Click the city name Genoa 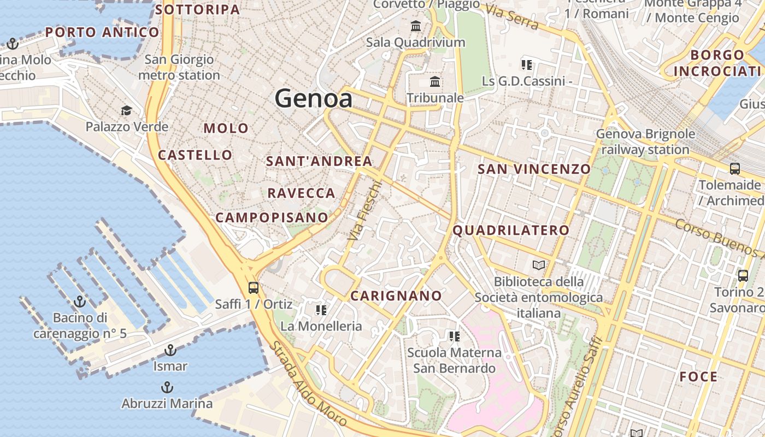pyautogui.click(x=313, y=98)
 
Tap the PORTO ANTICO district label pyautogui.click(x=102, y=32)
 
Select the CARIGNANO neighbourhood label pyautogui.click(x=396, y=296)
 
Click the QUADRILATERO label pyautogui.click(x=511, y=230)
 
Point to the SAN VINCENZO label pyautogui.click(x=534, y=169)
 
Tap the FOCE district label pyautogui.click(x=698, y=376)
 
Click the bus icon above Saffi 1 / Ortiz pyautogui.click(x=253, y=287)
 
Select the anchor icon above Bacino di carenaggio pyautogui.click(x=80, y=301)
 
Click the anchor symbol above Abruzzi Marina pyautogui.click(x=167, y=388)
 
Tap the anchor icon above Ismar pyautogui.click(x=170, y=350)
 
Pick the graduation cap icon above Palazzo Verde pyautogui.click(x=126, y=111)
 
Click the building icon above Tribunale pyautogui.click(x=435, y=82)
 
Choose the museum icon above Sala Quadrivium pyautogui.click(x=415, y=26)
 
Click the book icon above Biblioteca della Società pyautogui.click(x=539, y=265)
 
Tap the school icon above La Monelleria pyautogui.click(x=321, y=310)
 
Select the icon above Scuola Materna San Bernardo pyautogui.click(x=454, y=336)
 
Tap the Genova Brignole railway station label pyautogui.click(x=645, y=141)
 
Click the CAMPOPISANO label pyautogui.click(x=272, y=217)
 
